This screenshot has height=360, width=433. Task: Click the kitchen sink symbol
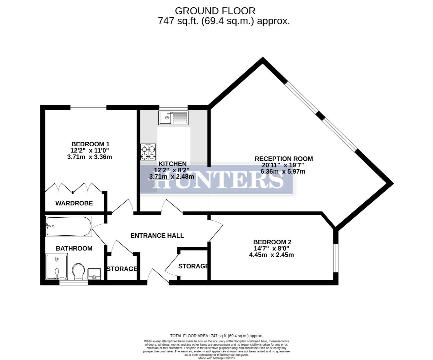coord(173,118)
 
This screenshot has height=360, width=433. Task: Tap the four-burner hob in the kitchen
coord(148,152)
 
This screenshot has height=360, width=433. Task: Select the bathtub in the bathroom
coord(69,226)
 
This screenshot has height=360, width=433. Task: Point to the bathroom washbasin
coord(94,274)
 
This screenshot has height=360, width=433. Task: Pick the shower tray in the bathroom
coord(56,266)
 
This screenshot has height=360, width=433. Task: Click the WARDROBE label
coord(74,203)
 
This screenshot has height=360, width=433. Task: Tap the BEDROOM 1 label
coord(90,144)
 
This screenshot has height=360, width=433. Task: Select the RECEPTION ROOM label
coord(284,159)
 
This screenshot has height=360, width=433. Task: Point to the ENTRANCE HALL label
coord(157,235)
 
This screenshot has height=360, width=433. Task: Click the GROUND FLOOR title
coord(215,11)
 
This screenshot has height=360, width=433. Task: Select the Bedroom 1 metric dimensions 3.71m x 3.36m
coord(89,157)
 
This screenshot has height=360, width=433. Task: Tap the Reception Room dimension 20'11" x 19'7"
coord(283,165)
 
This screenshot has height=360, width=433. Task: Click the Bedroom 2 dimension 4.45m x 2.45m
coord(271,255)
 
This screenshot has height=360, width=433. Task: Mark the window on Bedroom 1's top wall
coord(88,107)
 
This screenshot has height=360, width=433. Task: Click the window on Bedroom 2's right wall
coord(336,258)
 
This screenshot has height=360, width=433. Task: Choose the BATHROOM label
coord(74,248)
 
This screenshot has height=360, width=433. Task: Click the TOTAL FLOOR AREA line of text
coord(216,336)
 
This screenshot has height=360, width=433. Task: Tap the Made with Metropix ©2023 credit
coord(217,358)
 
